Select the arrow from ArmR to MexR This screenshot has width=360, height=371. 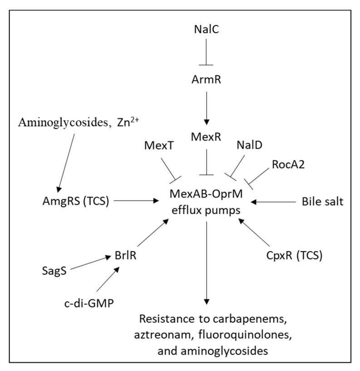(x=207, y=107)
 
